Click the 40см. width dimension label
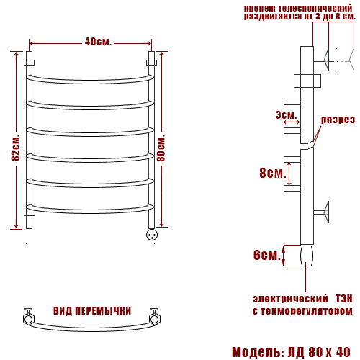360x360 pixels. pos(98,42)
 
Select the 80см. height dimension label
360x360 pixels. pos(161,148)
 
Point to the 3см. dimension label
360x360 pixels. pos(286,115)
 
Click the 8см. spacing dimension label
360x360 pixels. pos(273,173)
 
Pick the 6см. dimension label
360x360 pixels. pos(267,255)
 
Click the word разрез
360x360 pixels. pos(338,120)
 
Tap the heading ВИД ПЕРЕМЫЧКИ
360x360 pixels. pos(92,311)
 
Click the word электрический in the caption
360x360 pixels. pos(290,299)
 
